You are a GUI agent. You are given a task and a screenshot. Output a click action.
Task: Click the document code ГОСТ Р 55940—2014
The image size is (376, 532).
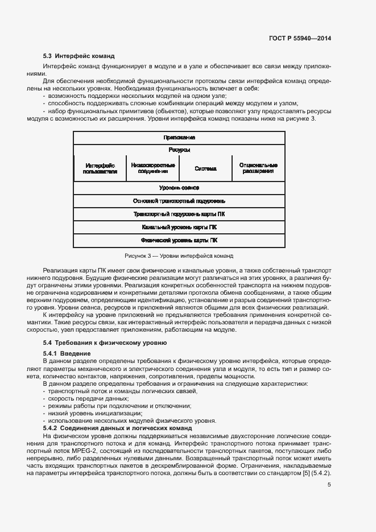[300, 38]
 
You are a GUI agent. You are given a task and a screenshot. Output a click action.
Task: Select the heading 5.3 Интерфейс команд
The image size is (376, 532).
[79, 56]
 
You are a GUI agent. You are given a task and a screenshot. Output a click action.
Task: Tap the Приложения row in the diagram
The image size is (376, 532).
[179, 138]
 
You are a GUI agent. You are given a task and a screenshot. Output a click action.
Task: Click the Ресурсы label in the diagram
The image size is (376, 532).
[179, 150]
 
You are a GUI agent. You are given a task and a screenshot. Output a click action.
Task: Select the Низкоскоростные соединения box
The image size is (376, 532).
[152, 168]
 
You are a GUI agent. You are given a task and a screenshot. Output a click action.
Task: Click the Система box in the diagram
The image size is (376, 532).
[205, 168]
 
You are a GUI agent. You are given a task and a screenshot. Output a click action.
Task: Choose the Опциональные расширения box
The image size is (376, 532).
[258, 168]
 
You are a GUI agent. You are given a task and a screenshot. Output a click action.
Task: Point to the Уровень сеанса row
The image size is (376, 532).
[179, 188]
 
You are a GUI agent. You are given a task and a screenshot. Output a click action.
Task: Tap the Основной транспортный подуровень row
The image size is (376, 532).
[179, 201]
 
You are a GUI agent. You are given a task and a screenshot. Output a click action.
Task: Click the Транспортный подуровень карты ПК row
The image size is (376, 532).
[179, 215]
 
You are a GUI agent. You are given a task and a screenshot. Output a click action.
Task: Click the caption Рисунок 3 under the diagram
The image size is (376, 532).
[179, 256]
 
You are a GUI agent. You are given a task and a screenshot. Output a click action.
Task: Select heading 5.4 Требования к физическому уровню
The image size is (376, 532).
[105, 343]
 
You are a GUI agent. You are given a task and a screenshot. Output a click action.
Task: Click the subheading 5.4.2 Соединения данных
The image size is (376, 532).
[118, 427]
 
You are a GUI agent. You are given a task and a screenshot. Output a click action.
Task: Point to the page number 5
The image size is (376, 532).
[329, 485]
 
